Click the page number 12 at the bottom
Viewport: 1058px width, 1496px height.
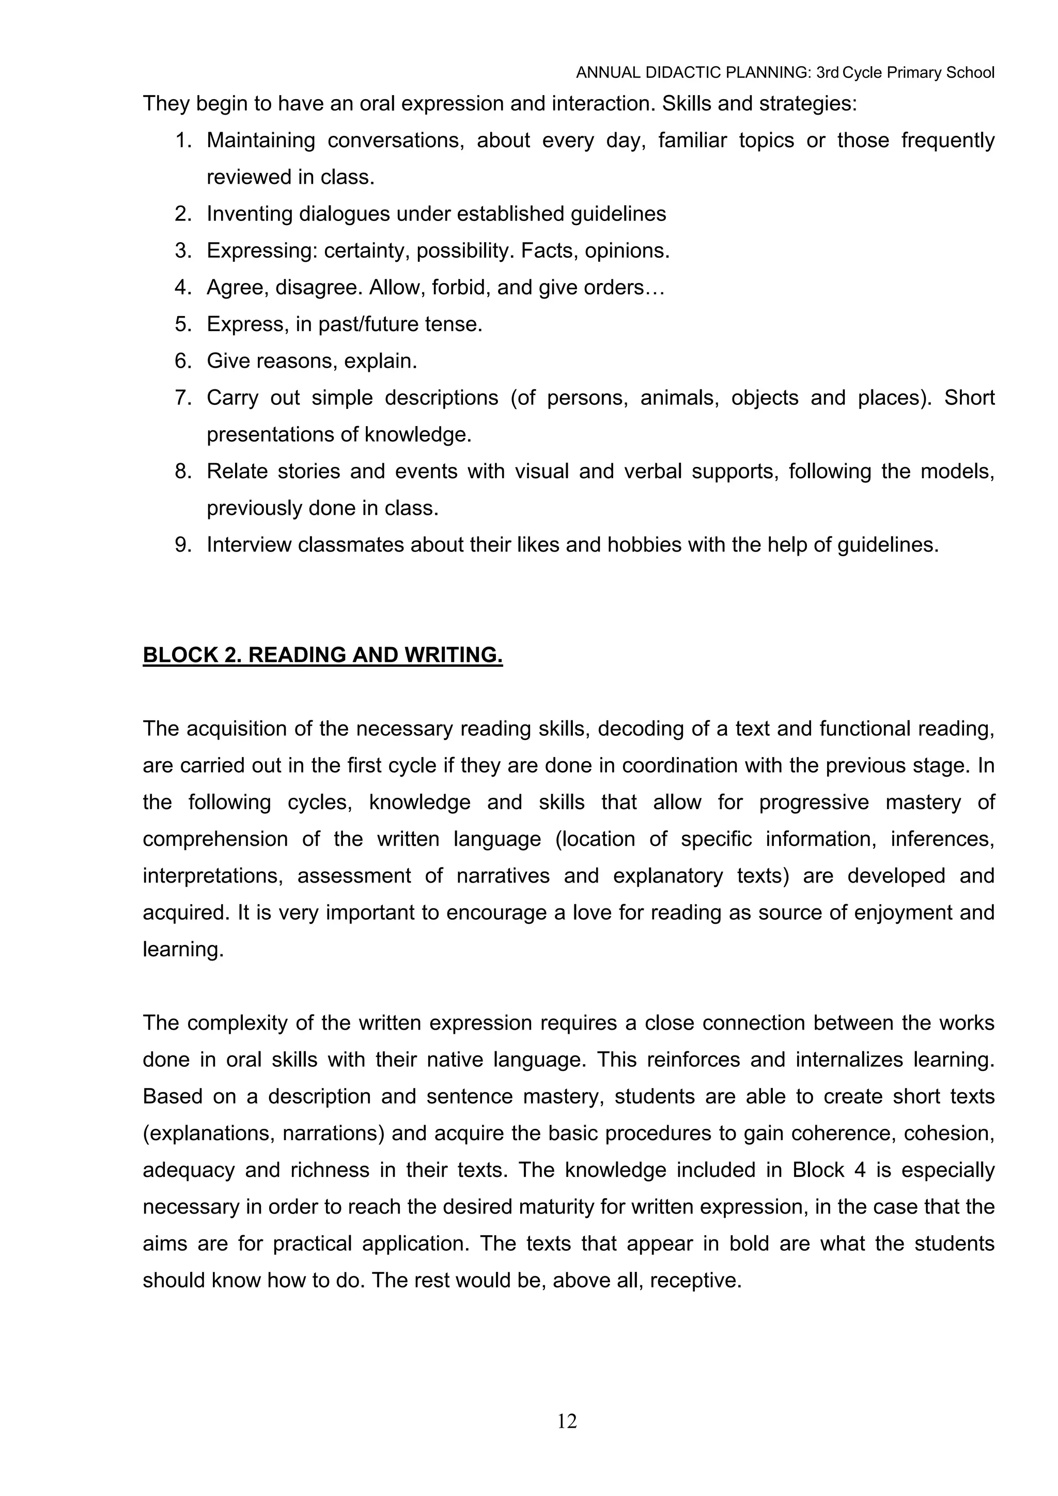(x=567, y=1421)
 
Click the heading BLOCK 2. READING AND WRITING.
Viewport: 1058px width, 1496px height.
(x=323, y=655)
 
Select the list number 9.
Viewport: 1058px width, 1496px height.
(x=183, y=545)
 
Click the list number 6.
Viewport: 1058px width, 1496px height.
(x=183, y=360)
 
